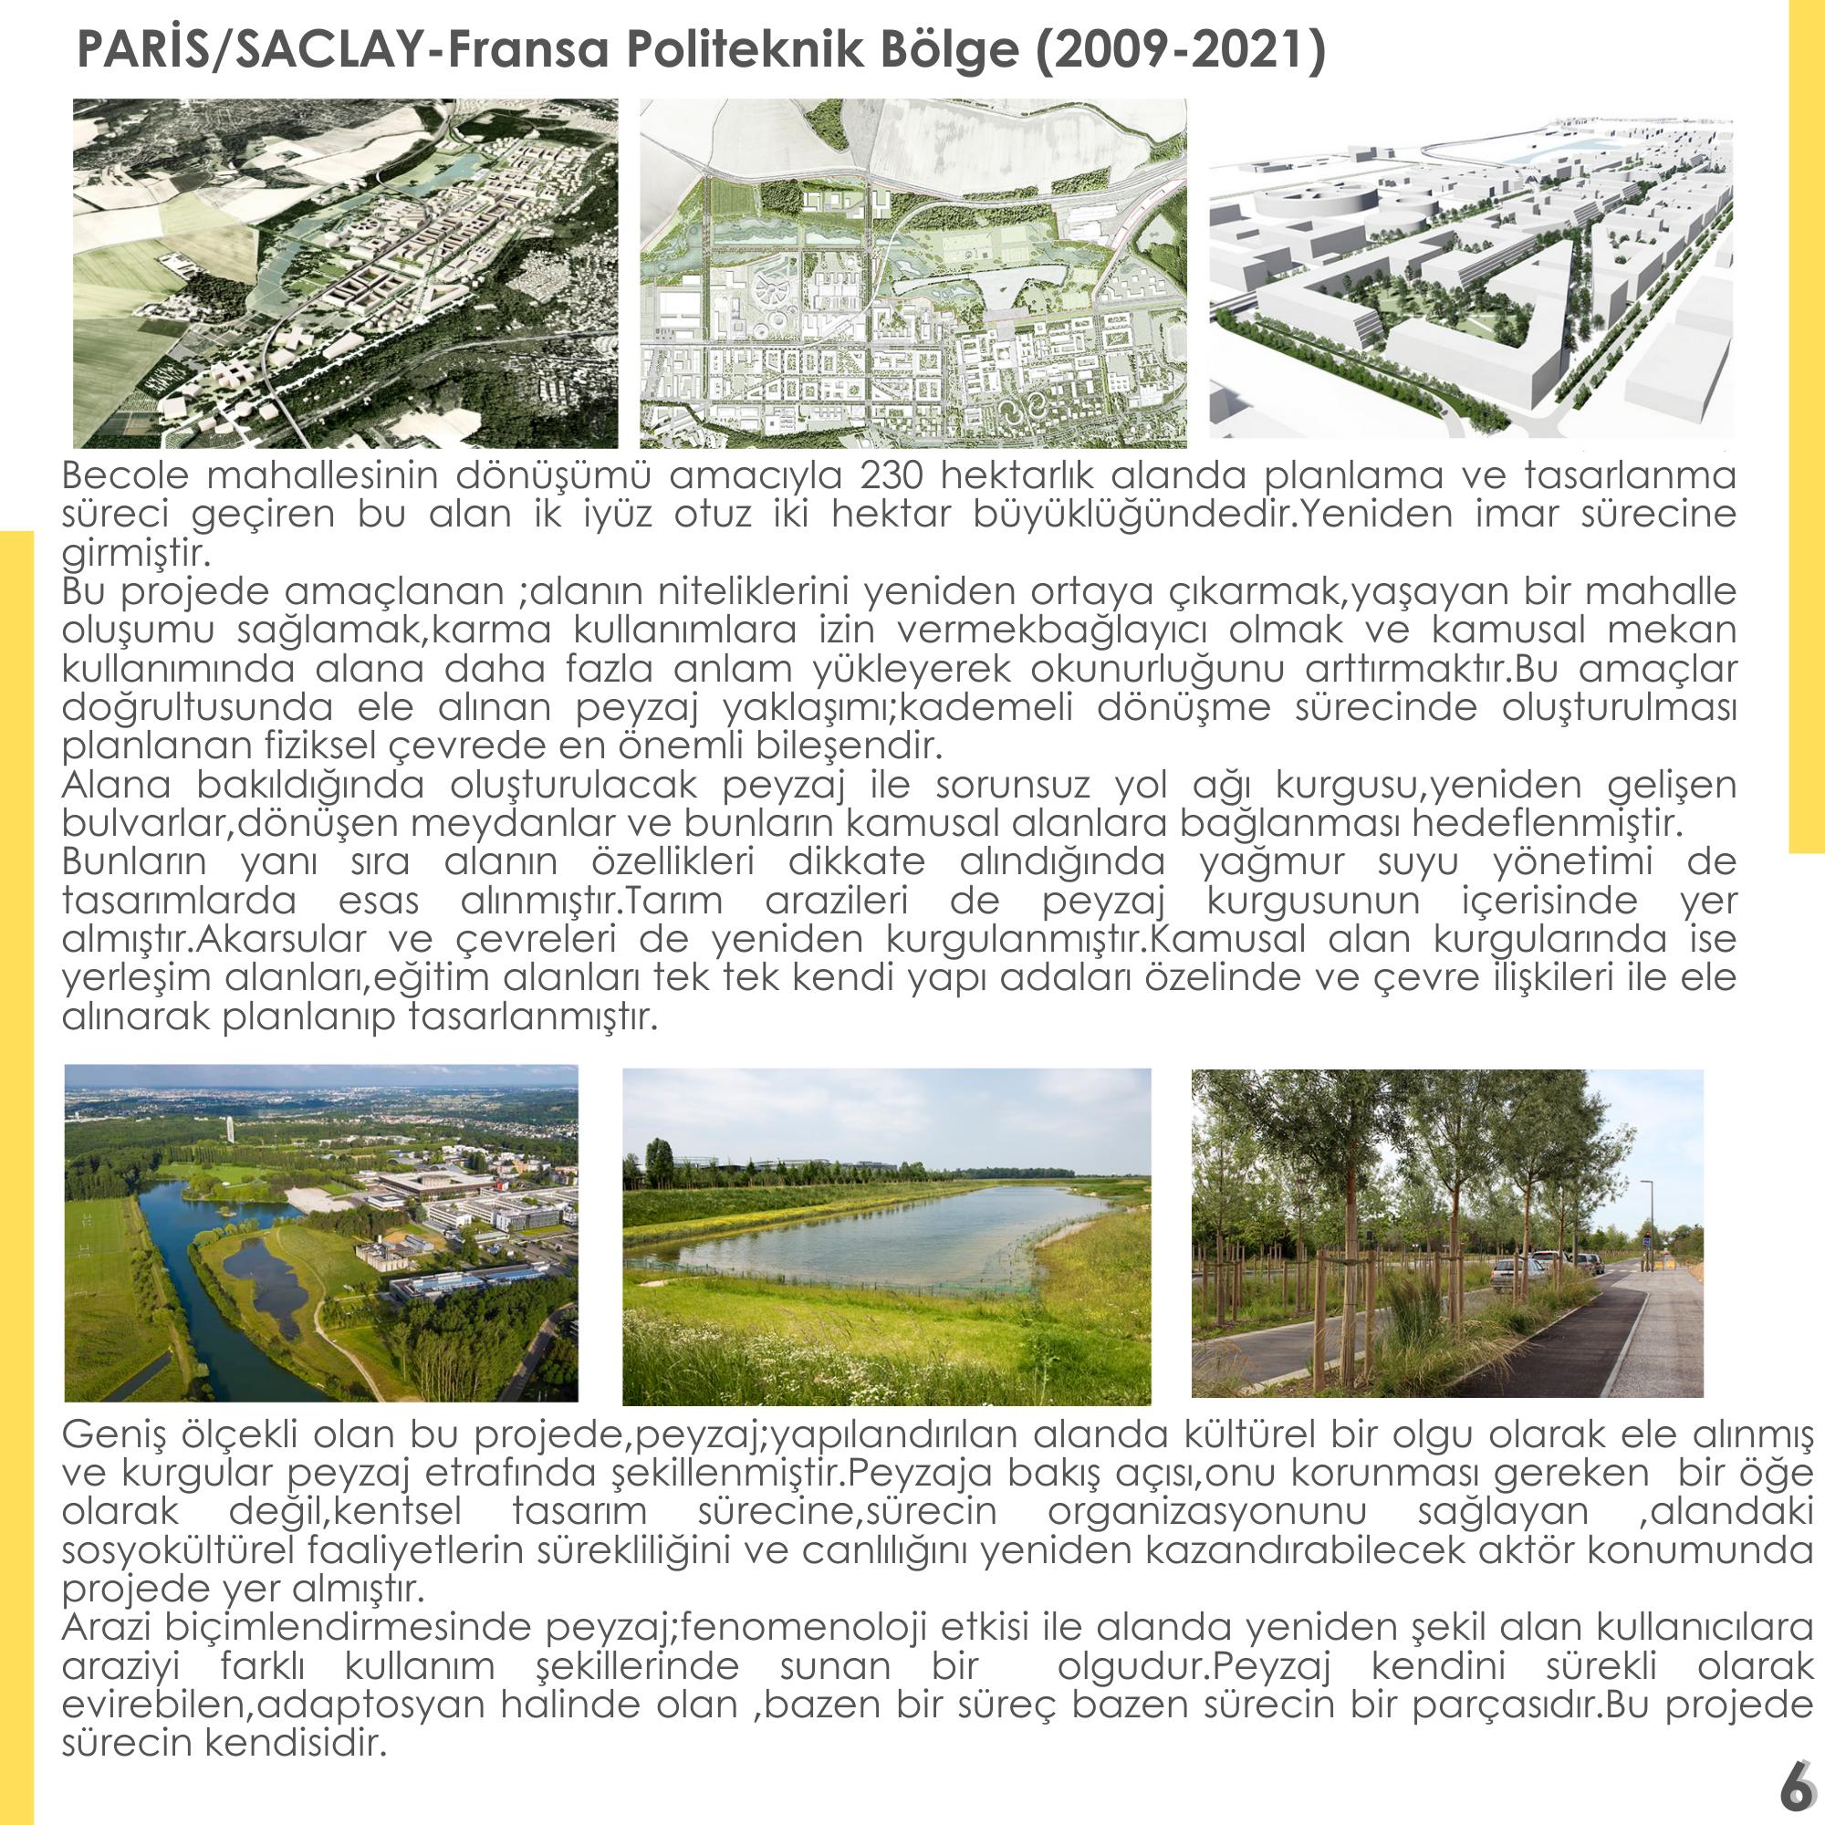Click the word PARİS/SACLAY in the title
point(247,49)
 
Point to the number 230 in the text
point(893,475)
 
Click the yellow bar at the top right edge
point(1806,425)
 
